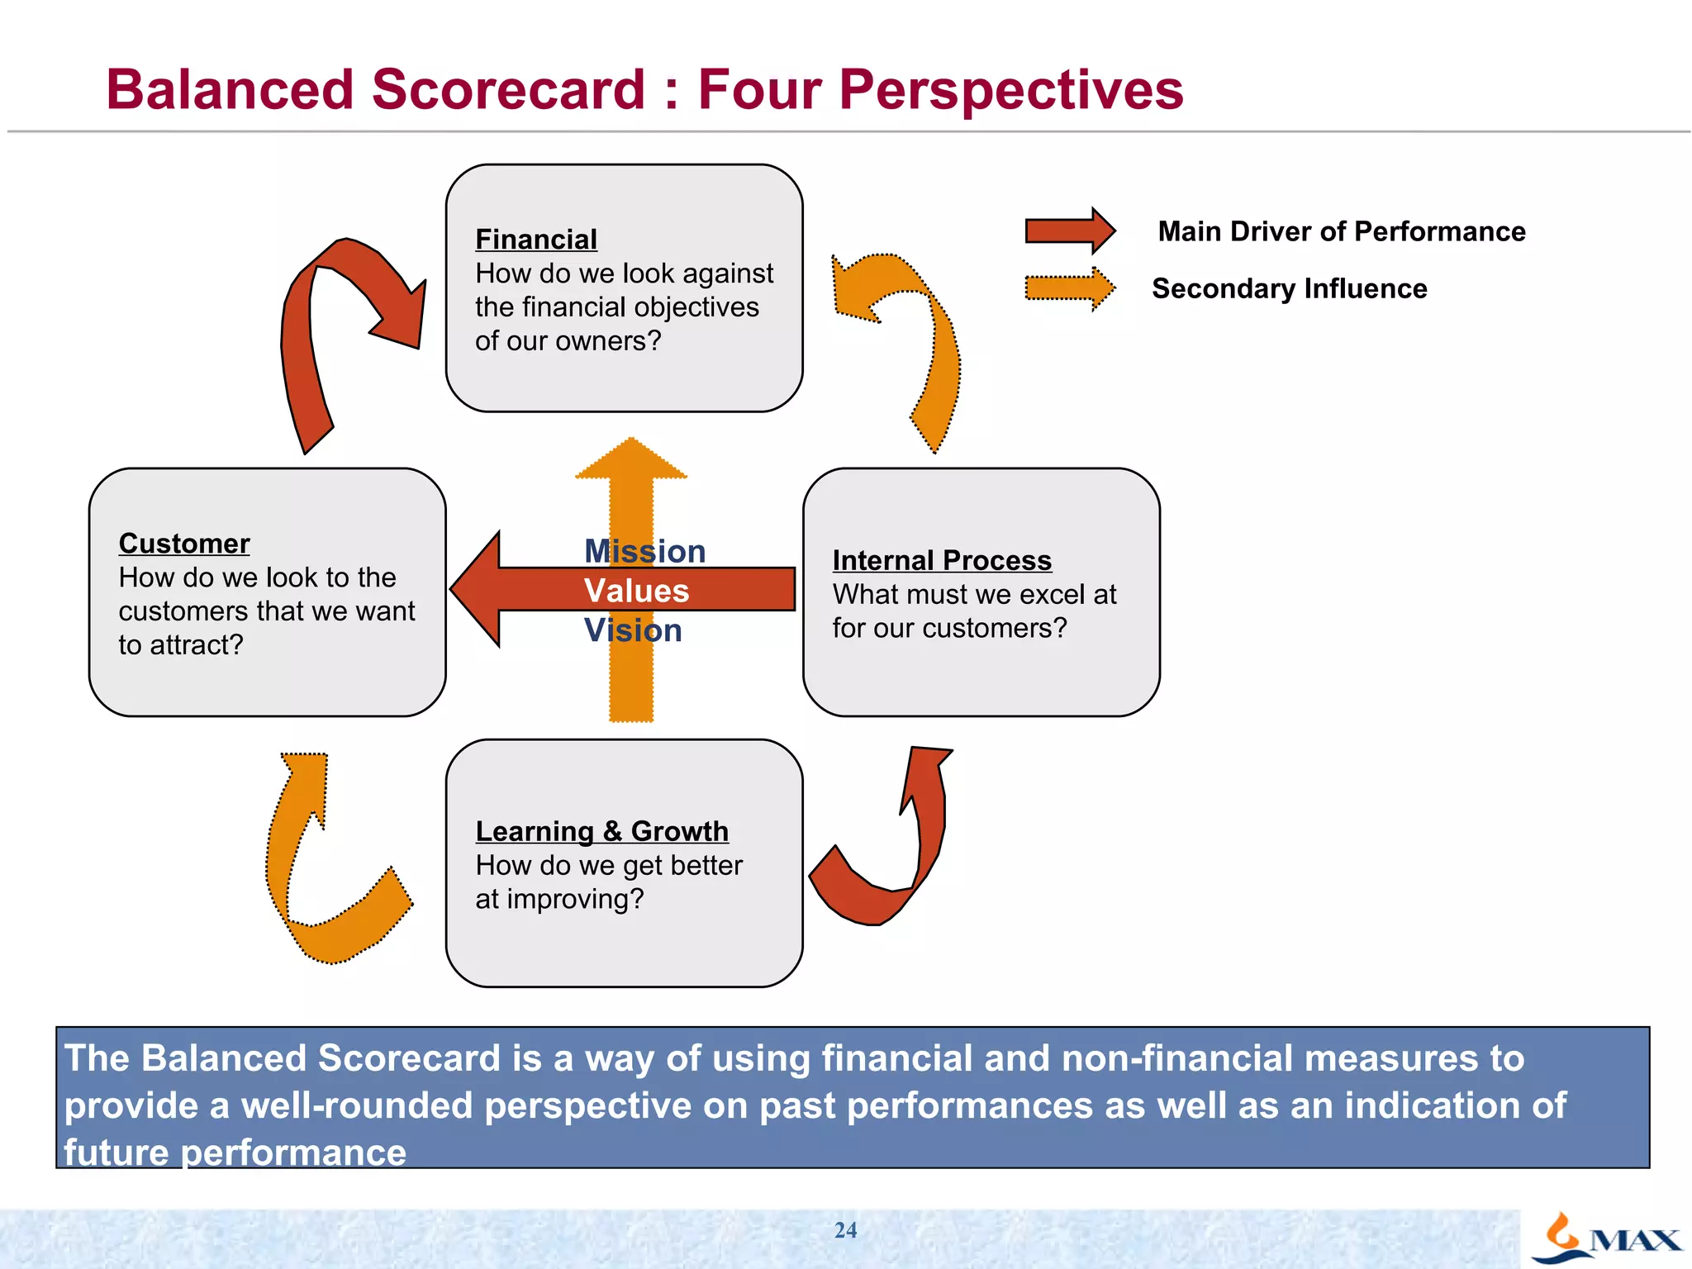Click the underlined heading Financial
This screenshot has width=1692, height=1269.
pyautogui.click(x=535, y=240)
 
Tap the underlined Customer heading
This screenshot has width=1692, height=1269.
pyautogui.click(x=184, y=544)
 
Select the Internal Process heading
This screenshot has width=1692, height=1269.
pyautogui.click(x=942, y=560)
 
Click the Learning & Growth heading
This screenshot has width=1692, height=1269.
pyautogui.click(x=601, y=831)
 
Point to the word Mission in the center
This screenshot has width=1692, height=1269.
pyautogui.click(x=644, y=551)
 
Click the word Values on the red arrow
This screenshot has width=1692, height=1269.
pyautogui.click(x=636, y=591)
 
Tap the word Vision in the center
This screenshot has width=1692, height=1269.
pyautogui.click(x=633, y=630)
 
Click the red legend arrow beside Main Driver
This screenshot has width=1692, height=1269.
pyautogui.click(x=1069, y=231)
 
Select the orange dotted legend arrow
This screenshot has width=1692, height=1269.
pyautogui.click(x=1069, y=288)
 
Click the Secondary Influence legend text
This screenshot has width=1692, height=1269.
pyautogui.click(x=1289, y=288)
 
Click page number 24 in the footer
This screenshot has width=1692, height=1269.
pyautogui.click(x=845, y=1230)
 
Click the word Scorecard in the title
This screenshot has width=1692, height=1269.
pyautogui.click(x=507, y=89)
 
